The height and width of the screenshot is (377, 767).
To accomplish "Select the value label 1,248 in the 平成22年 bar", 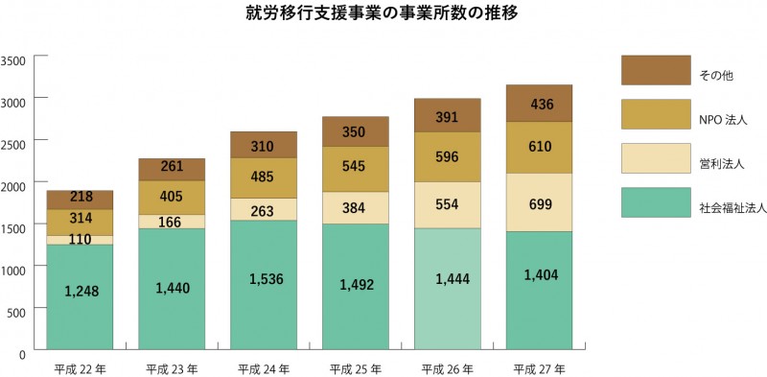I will (80, 290).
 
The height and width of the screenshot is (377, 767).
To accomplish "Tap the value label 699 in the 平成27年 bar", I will (539, 205).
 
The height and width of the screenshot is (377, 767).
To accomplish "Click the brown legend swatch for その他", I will (655, 70).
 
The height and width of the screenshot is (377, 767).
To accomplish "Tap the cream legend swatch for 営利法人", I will (655, 158).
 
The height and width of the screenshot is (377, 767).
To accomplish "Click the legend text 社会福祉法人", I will (726, 206).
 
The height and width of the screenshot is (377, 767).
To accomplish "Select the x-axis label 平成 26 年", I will (447, 367).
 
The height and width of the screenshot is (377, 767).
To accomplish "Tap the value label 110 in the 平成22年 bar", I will (80, 240).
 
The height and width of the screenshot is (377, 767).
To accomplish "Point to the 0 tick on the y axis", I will (21, 353).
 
